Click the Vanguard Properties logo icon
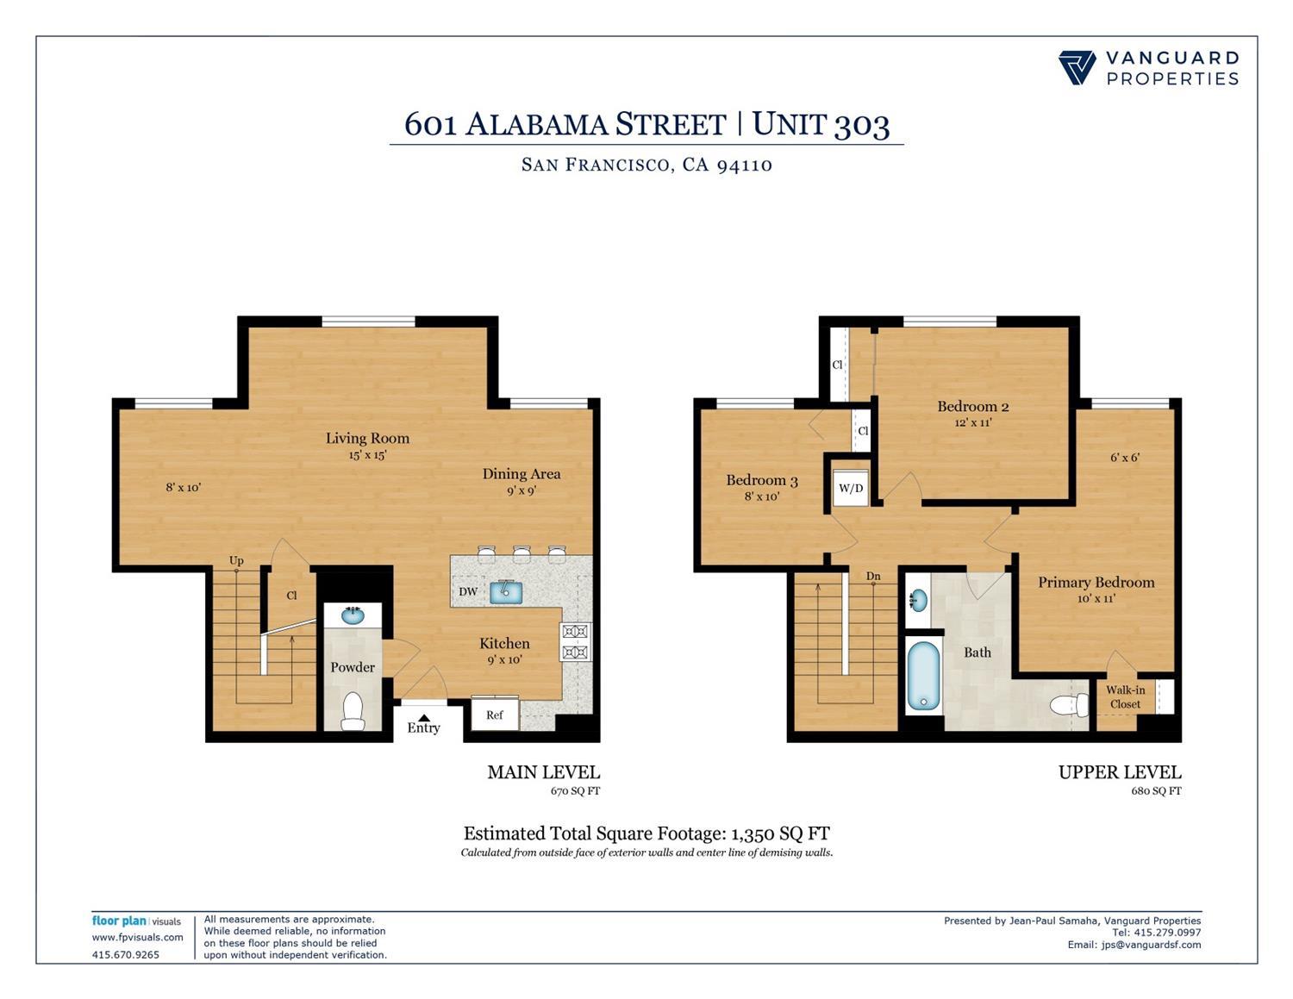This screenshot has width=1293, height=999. tap(1077, 68)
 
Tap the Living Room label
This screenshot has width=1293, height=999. tap(367, 438)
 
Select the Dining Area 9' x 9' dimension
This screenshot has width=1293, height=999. tap(521, 490)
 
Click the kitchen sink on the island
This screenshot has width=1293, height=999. tap(506, 592)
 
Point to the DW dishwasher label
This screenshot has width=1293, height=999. tap(468, 591)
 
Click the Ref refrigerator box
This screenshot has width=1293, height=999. tap(495, 715)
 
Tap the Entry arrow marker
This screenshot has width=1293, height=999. tap(423, 717)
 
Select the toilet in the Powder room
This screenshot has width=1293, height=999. tap(353, 710)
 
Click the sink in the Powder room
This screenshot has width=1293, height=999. tap(352, 615)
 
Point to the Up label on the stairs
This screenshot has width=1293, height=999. tap(236, 560)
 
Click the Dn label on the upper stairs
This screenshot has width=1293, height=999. tap(873, 576)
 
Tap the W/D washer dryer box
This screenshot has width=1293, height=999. tap(851, 488)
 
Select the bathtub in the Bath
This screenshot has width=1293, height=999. tap(923, 676)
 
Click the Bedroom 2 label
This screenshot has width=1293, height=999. tap(973, 406)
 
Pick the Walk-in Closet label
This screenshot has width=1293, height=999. tap(1126, 696)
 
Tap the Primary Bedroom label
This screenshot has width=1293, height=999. tap(1096, 582)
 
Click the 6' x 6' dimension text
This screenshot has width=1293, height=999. tap(1125, 458)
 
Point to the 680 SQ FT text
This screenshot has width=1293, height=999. tap(1156, 790)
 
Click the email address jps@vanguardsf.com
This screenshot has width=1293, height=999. tap(1151, 945)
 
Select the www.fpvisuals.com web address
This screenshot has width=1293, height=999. tap(138, 937)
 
